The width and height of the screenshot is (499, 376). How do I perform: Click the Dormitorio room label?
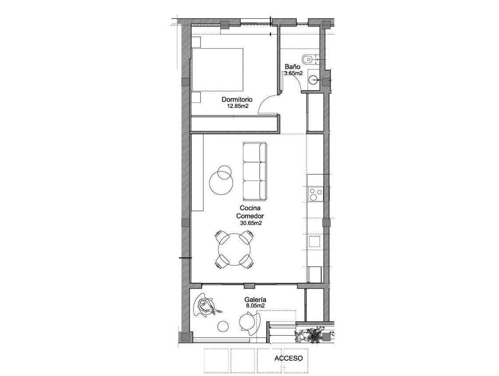pyautogui.click(x=237, y=100)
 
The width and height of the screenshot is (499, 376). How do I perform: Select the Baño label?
pyautogui.click(x=292, y=67)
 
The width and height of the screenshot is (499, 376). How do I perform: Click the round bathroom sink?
pyautogui.click(x=313, y=80)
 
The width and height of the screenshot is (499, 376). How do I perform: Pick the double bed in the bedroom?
pyautogui.click(x=218, y=70)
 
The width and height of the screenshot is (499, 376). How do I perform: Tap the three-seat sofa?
pyautogui.click(x=254, y=171)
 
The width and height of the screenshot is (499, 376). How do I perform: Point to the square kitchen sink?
pyautogui.click(x=315, y=242)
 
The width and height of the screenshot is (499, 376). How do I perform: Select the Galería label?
pyautogui.click(x=256, y=300)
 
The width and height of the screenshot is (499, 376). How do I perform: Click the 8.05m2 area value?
pyautogui.click(x=256, y=306)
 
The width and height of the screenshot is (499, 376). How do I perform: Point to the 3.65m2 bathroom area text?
pyautogui.click(x=293, y=73)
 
